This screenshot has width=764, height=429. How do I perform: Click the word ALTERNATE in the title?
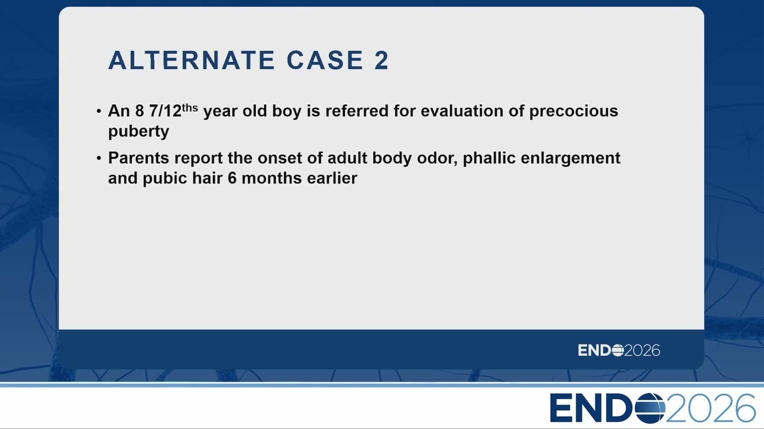tap(192, 60)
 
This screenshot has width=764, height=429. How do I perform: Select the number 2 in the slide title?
tap(381, 60)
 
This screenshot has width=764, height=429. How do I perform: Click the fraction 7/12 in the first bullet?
tap(165, 111)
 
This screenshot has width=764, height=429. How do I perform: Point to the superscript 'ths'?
tap(190, 108)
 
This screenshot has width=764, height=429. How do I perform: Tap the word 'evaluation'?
tap(462, 111)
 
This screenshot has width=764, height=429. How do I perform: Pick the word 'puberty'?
tap(138, 132)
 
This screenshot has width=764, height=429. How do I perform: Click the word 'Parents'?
tap(138, 158)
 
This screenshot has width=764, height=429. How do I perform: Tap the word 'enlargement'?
tap(570, 159)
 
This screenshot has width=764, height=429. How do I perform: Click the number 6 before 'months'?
tap(232, 178)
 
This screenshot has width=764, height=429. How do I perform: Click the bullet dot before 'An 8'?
tap(99, 111)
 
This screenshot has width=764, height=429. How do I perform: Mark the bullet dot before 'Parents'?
tap(99, 158)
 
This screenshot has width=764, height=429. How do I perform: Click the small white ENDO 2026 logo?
tap(619, 350)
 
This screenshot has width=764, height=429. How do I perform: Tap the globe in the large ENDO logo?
tap(650, 408)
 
